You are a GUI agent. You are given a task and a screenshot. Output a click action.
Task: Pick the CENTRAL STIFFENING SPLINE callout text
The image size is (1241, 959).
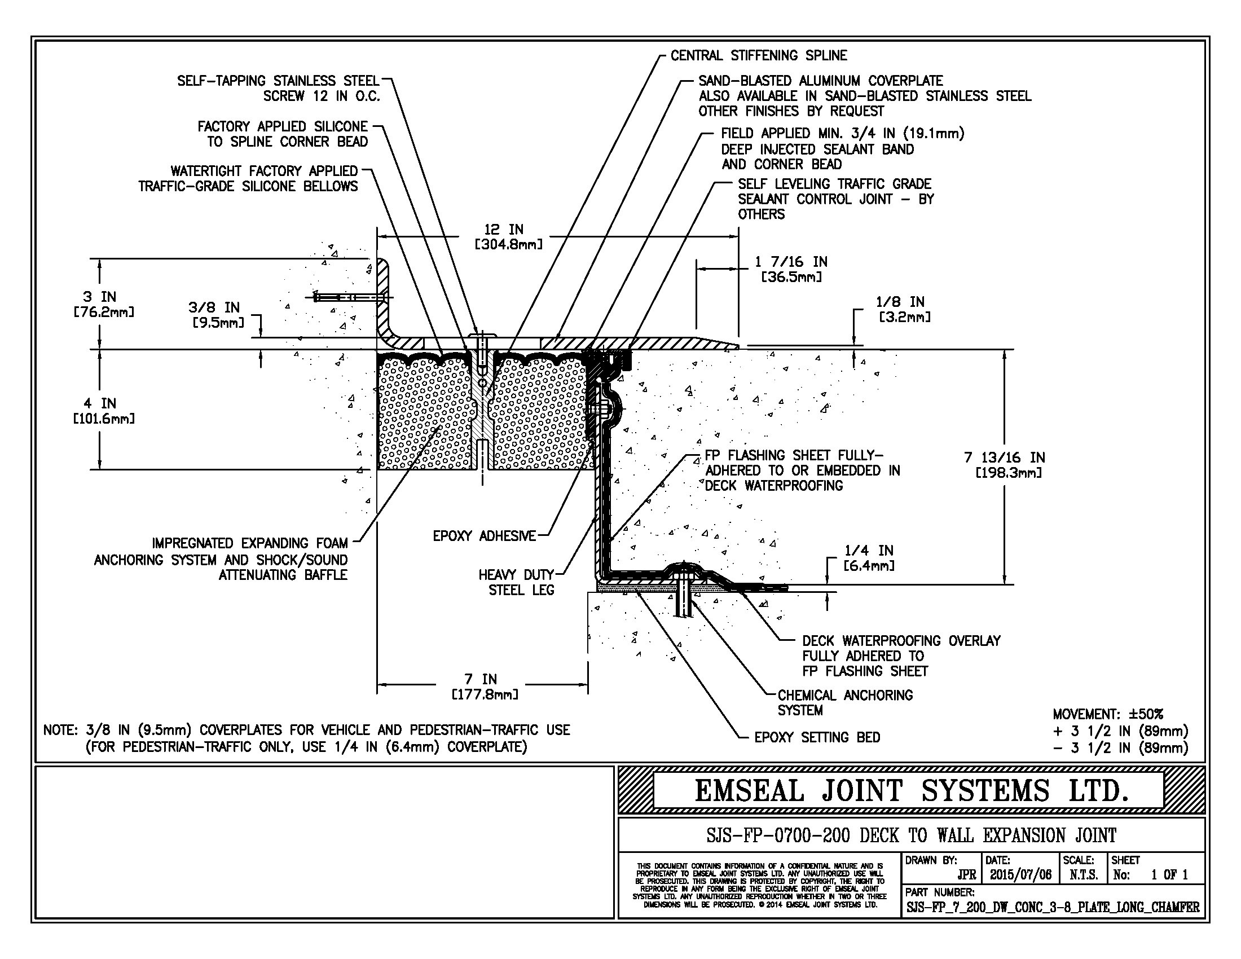[759, 56]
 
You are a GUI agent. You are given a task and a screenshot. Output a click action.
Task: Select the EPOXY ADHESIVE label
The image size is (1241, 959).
[484, 536]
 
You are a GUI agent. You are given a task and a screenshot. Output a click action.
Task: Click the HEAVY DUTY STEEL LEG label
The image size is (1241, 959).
[516, 582]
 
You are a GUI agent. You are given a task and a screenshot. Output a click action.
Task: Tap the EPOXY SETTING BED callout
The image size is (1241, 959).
[817, 737]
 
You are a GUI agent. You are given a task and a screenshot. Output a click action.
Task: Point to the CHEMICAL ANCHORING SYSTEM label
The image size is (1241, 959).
[845, 703]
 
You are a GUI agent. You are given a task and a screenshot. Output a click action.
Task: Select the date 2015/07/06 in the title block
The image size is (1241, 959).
[1020, 875]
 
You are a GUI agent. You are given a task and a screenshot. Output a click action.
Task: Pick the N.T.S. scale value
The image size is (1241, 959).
[1084, 875]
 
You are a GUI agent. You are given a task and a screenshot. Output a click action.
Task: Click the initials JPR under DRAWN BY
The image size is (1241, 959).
[966, 875]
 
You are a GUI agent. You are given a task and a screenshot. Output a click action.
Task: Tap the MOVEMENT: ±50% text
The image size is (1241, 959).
[1108, 714]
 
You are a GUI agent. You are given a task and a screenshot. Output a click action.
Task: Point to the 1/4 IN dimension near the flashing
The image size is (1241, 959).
[869, 558]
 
